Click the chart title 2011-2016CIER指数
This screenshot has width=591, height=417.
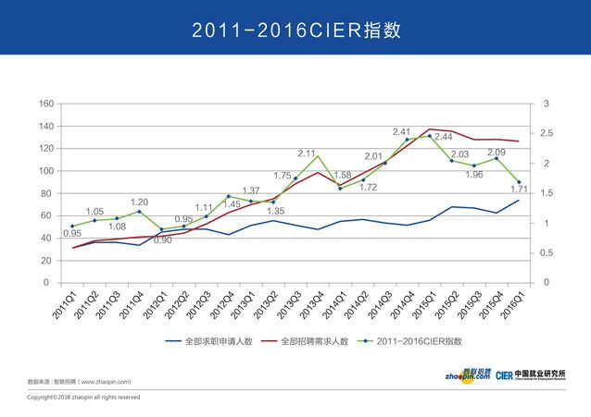point(295,30)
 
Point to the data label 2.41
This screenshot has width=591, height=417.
point(401,132)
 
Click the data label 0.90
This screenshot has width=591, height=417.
point(162,240)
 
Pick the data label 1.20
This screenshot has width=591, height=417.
point(139,202)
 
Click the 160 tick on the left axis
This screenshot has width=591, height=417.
point(46,104)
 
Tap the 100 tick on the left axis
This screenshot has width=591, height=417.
point(46,171)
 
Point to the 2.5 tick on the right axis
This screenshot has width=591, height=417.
point(547,133)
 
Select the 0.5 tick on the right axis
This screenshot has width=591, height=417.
point(547,252)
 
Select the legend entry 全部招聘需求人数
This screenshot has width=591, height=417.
point(311,341)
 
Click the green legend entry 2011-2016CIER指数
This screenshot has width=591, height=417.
point(421,341)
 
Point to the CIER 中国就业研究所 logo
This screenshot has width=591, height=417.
point(531,374)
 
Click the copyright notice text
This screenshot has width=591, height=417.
point(83,398)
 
